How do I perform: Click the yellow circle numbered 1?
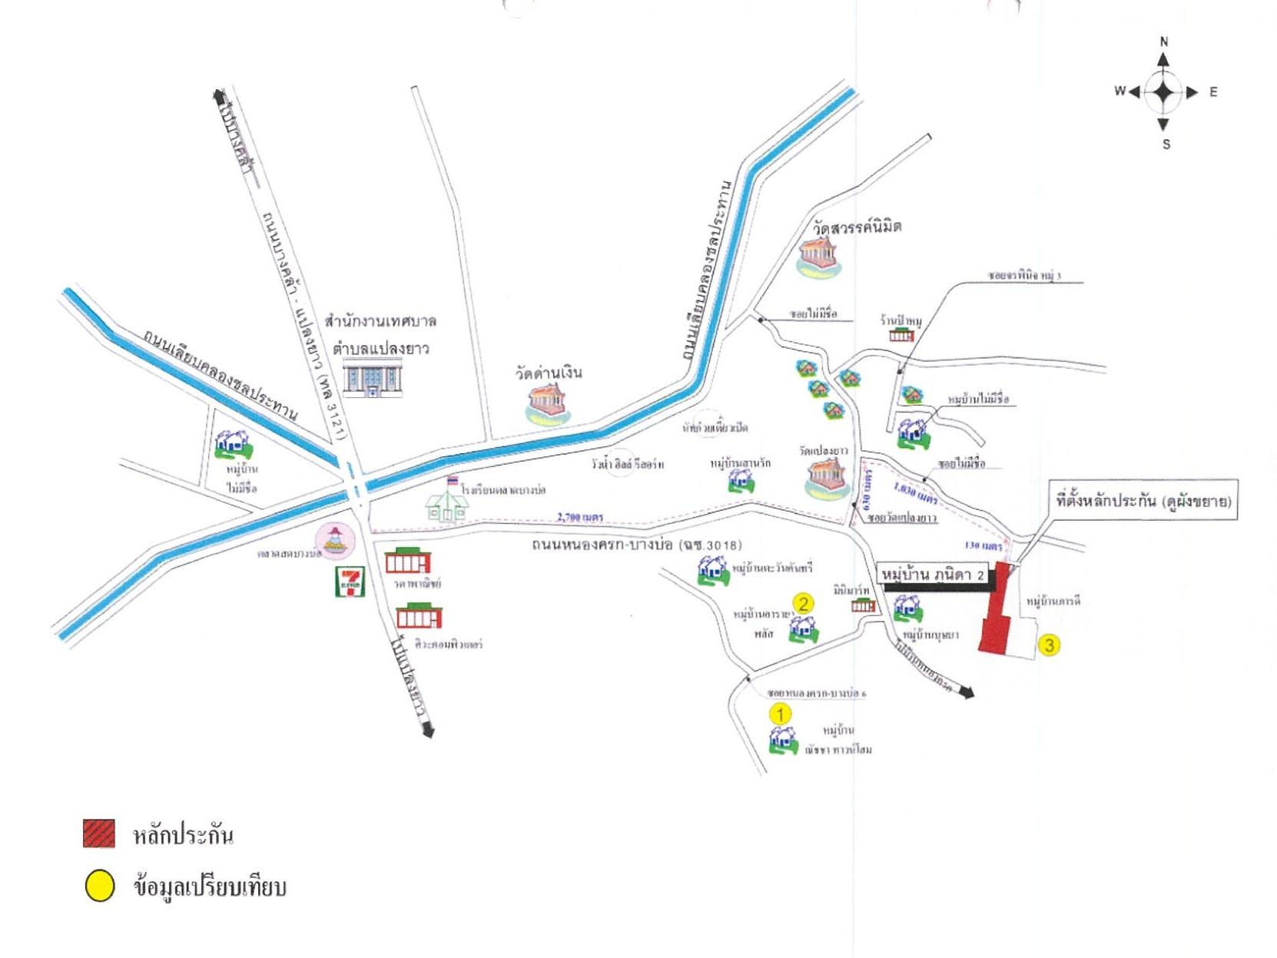pyautogui.click(x=780, y=714)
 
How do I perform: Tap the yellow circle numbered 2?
pyautogui.click(x=803, y=603)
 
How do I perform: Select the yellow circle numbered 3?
pyautogui.click(x=1049, y=645)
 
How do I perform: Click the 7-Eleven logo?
pyautogui.click(x=350, y=582)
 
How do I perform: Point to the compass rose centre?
pyautogui.click(x=1163, y=92)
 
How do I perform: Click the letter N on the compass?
pyautogui.click(x=1163, y=42)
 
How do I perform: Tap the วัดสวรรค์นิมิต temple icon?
pyautogui.click(x=819, y=256)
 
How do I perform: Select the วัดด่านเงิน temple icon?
pyautogui.click(x=547, y=403)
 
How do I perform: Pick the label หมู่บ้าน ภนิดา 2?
pyautogui.click(x=932, y=575)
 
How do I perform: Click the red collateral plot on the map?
pyautogui.click(x=997, y=611)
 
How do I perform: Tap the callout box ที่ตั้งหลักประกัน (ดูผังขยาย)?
pyautogui.click(x=1143, y=502)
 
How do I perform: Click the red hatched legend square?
pyautogui.click(x=99, y=834)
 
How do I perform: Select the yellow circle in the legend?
pyautogui.click(x=99, y=886)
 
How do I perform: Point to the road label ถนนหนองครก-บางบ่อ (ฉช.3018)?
pyautogui.click(x=636, y=545)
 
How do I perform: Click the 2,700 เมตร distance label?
pyautogui.click(x=580, y=517)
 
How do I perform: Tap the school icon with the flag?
pyautogui.click(x=448, y=502)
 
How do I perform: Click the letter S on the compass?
pyautogui.click(x=1166, y=144)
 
